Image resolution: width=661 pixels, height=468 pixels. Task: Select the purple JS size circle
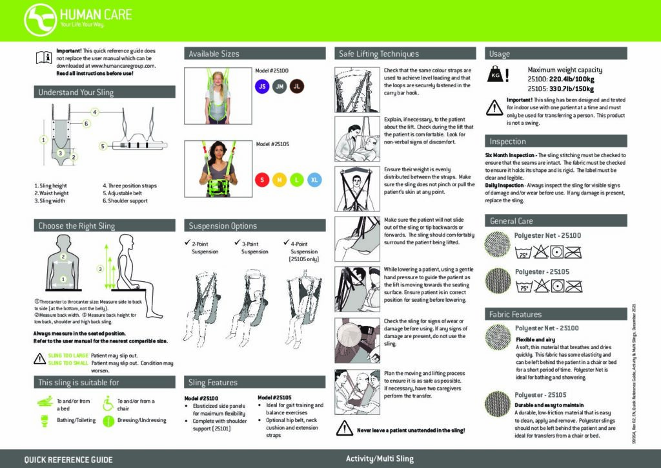[261, 86]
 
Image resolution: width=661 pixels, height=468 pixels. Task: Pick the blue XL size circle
[314, 179]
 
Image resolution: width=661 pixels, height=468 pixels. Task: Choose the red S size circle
[262, 179]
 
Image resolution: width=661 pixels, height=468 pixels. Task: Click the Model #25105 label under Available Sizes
[272, 144]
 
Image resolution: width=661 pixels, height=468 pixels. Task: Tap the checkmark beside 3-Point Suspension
[237, 243]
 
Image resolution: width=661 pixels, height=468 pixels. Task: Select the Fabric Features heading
[515, 314]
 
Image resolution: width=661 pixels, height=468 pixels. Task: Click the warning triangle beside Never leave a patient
[345, 429]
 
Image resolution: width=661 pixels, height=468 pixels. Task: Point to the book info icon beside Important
[43, 58]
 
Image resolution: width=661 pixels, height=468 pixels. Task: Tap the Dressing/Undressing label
[141, 420]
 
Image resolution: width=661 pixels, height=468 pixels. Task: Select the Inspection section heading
[507, 141]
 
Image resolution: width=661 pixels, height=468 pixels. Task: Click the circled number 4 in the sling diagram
[94, 112]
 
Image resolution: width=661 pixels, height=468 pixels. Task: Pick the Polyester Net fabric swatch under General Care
[498, 244]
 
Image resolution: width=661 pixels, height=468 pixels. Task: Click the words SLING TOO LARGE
[68, 355]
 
